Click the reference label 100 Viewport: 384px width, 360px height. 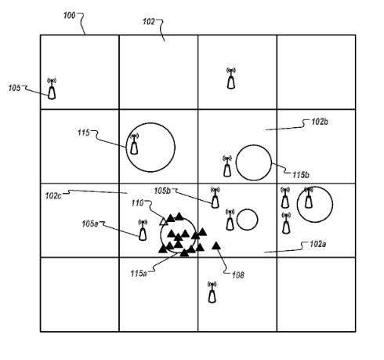pyautogui.click(x=69, y=16)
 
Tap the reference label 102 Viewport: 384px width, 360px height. pyautogui.click(x=149, y=22)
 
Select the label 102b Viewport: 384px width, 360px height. pyautogui.click(x=320, y=122)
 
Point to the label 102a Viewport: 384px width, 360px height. pyautogui.click(x=318, y=244)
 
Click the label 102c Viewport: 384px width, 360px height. pyautogui.click(x=53, y=195)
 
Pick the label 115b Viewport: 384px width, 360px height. pyautogui.click(x=301, y=175)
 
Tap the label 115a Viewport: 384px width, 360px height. pyautogui.click(x=139, y=274)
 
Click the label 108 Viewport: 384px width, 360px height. pyautogui.click(x=238, y=275)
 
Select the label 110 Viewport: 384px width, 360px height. pyautogui.click(x=137, y=203)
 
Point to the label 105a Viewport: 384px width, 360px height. pyautogui.click(x=90, y=224)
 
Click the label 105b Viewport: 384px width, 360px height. pyautogui.click(x=162, y=191)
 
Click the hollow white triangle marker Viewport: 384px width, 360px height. pyautogui.click(x=164, y=222)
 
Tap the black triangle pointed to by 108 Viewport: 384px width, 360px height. pyautogui.click(x=216, y=245)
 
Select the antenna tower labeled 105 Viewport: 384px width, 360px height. pyautogui.click(x=52, y=89)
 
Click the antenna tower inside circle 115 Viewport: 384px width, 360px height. pyautogui.click(x=134, y=144)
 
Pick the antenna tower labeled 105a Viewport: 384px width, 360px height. pyautogui.click(x=143, y=230)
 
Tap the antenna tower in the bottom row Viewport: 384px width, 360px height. pyautogui.click(x=212, y=292)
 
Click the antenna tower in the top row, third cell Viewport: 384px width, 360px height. pyautogui.click(x=231, y=78)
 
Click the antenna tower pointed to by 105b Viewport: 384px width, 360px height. pyautogui.click(x=215, y=198)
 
